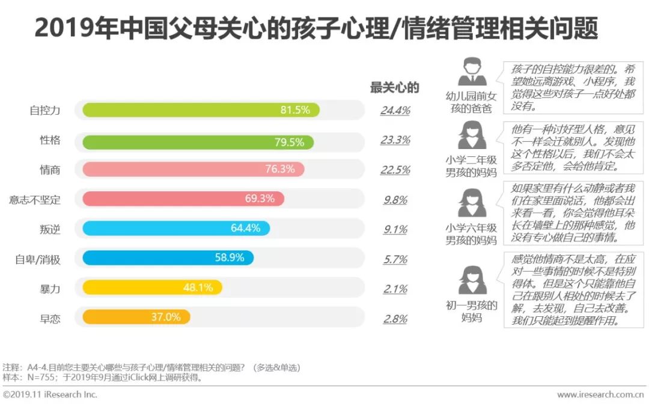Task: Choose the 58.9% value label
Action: click(x=230, y=259)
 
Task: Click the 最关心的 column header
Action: click(x=394, y=88)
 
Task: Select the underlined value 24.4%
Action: click(x=395, y=111)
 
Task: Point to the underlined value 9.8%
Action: click(x=395, y=200)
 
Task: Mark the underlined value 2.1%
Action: click(x=395, y=289)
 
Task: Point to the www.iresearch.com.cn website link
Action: click(x=600, y=395)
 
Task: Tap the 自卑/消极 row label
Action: click(x=37, y=259)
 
